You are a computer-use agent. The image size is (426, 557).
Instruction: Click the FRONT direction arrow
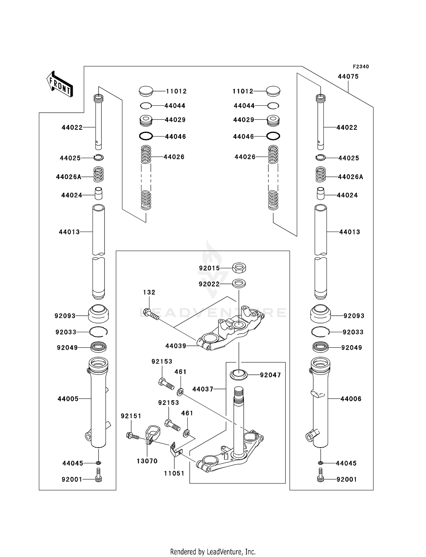pyautogui.click(x=60, y=84)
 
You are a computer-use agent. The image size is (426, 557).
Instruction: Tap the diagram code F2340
pyautogui.click(x=361, y=66)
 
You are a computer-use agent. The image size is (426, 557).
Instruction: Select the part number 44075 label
pyautogui.click(x=348, y=76)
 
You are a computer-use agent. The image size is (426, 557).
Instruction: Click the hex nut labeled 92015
pyautogui.click(x=239, y=267)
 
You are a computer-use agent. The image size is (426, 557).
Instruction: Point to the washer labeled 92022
pyautogui.click(x=239, y=283)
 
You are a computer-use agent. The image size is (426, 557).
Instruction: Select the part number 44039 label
pyautogui.click(x=176, y=346)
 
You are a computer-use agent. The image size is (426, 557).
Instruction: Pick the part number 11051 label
pyautogui.click(x=174, y=473)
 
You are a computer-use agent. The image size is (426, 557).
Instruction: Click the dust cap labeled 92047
pyautogui.click(x=239, y=375)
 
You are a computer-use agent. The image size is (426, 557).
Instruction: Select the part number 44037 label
pyautogui.click(x=203, y=389)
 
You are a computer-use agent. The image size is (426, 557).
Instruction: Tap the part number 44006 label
pyautogui.click(x=351, y=399)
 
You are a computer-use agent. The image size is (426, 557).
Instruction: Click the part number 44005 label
pyautogui.click(x=68, y=399)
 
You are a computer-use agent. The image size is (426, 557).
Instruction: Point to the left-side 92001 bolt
pyautogui.click(x=98, y=479)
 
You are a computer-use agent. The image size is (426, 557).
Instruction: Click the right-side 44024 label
pyautogui.click(x=347, y=195)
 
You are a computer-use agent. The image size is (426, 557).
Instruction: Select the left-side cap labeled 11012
pyautogui.click(x=146, y=91)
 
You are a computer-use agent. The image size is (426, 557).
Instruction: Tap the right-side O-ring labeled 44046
pyautogui.click(x=273, y=136)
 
